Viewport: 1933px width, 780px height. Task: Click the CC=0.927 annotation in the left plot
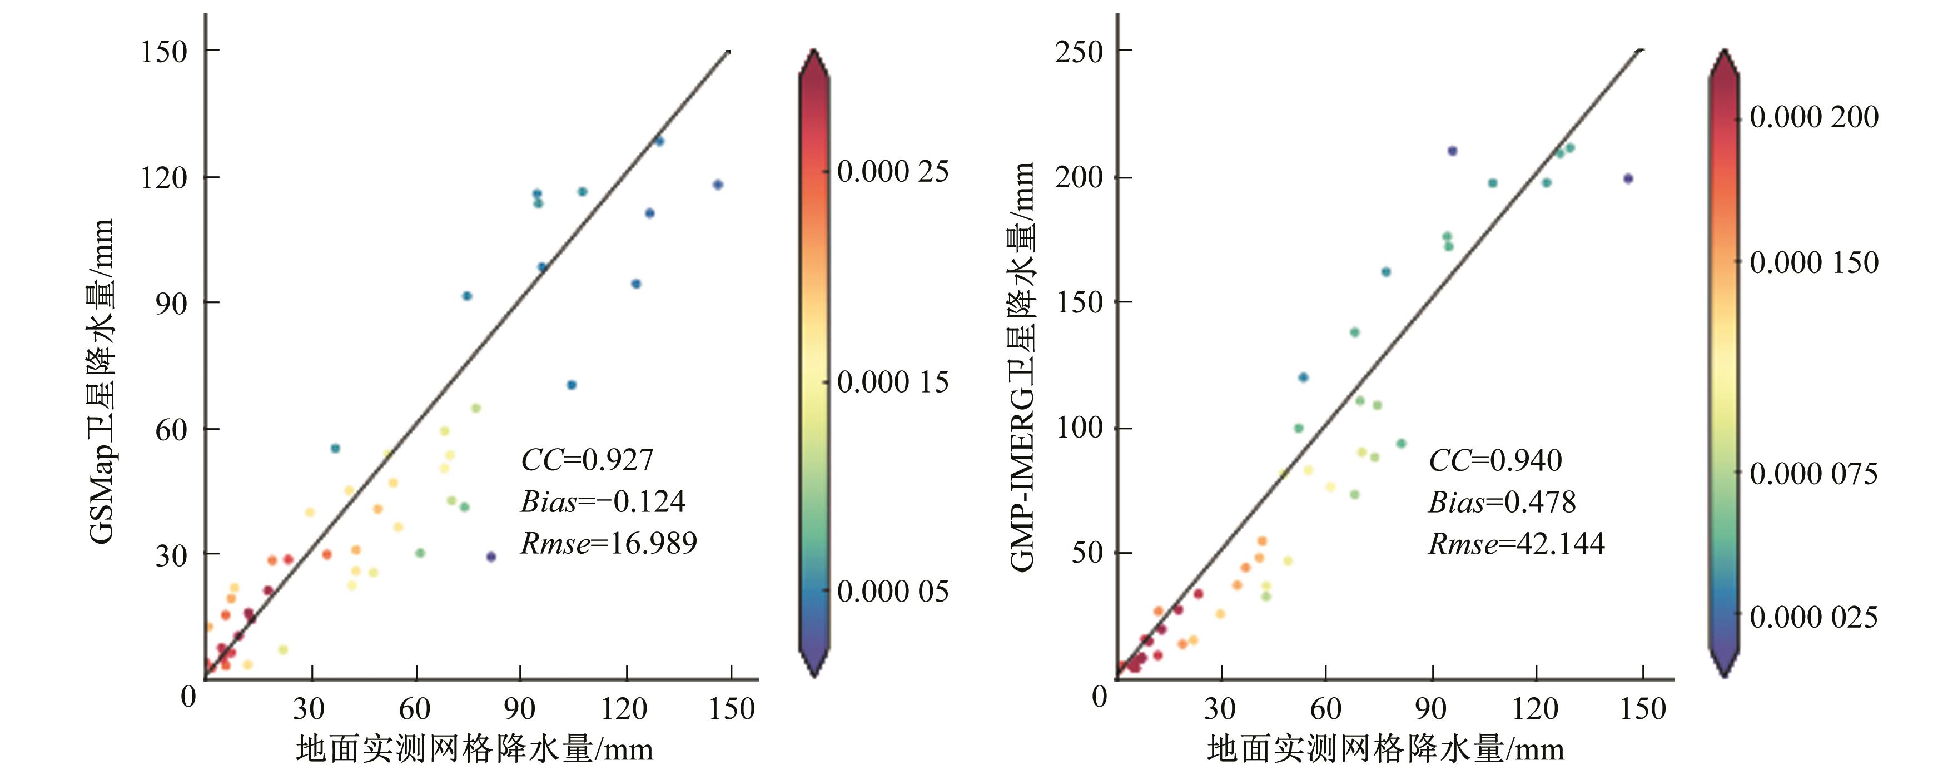click(587, 459)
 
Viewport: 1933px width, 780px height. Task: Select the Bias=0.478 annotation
click(1502, 502)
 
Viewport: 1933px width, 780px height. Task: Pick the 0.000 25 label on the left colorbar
click(892, 172)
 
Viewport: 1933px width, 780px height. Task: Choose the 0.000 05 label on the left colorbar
click(892, 592)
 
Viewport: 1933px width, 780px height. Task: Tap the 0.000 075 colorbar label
click(1813, 474)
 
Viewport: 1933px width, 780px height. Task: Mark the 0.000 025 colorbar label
click(1813, 617)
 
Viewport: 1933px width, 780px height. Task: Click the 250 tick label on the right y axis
click(1079, 52)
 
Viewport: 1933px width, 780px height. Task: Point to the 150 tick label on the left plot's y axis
click(163, 52)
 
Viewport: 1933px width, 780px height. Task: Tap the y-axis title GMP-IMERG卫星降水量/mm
click(1022, 366)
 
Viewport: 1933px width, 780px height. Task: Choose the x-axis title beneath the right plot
click(1385, 749)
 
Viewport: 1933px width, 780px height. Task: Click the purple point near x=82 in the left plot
click(491, 557)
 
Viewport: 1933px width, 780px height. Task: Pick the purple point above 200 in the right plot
click(1452, 151)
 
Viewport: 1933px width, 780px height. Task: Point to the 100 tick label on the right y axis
click(1079, 428)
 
